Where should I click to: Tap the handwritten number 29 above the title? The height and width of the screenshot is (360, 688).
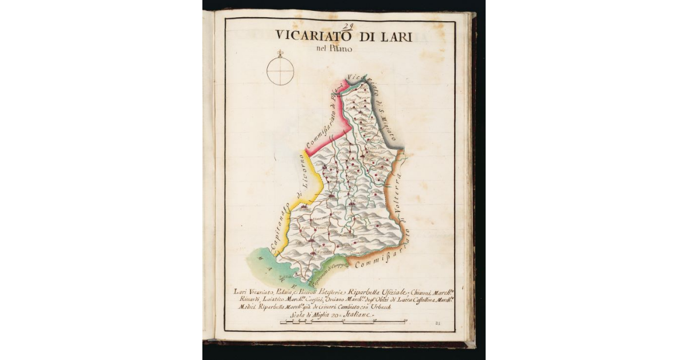click(x=349, y=25)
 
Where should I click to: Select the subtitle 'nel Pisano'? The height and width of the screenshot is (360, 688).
click(x=335, y=49)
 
